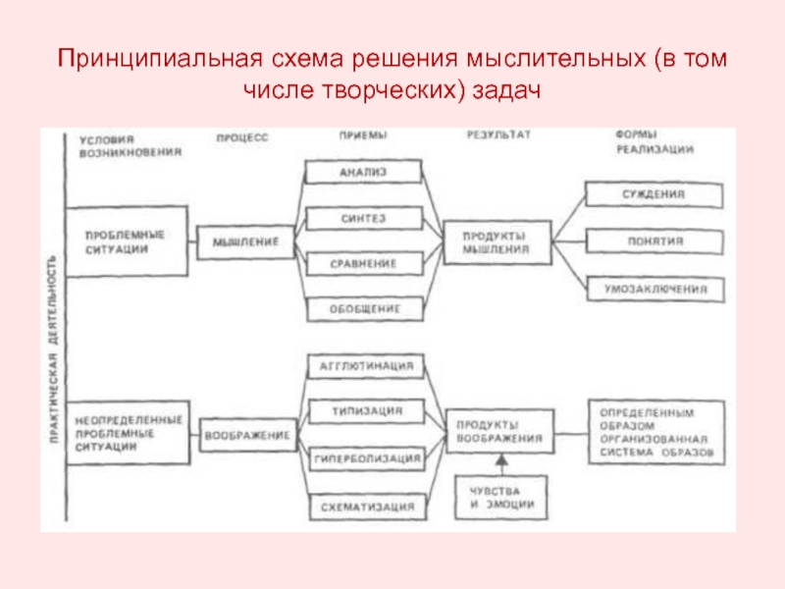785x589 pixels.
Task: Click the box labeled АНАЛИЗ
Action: [x=363, y=172]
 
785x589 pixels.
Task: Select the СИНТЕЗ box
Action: [x=363, y=218]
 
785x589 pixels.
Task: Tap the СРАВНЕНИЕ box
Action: [x=363, y=264]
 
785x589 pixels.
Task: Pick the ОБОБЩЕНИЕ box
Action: [x=363, y=309]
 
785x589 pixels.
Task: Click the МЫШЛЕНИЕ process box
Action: [x=245, y=241]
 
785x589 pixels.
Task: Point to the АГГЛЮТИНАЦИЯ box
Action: [x=365, y=367]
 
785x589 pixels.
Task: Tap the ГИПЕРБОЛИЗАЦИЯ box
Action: [x=365, y=458]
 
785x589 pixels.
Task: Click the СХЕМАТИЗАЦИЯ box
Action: [x=365, y=507]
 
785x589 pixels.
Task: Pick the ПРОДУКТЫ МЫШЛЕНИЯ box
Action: [x=496, y=241]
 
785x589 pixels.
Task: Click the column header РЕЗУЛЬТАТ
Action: [x=497, y=136]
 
